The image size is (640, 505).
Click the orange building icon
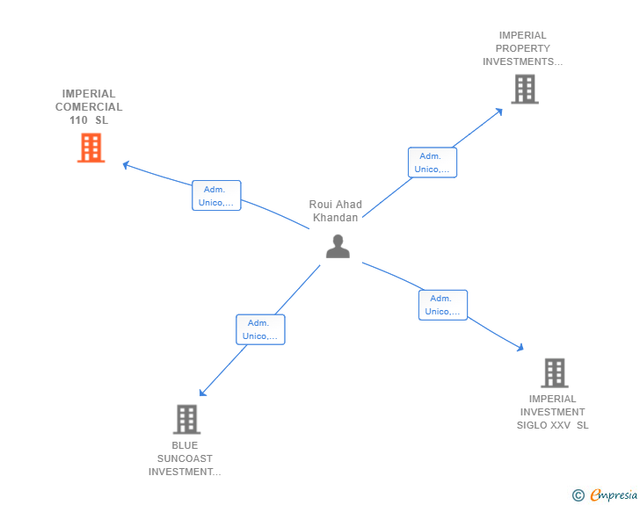[91, 148]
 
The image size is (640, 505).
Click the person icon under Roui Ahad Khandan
[338, 247]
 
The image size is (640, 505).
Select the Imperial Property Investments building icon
[524, 89]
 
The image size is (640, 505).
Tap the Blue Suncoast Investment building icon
[186, 419]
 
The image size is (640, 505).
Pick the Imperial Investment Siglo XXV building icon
[554, 372]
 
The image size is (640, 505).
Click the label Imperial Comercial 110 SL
[89, 107]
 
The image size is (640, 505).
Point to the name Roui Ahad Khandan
[336, 211]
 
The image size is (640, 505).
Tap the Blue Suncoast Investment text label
[185, 458]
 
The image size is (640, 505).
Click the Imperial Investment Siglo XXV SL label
[552, 412]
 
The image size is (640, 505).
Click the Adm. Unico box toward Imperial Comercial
[216, 196]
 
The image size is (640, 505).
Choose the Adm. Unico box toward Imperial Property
[432, 162]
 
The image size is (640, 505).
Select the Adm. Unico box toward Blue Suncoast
[260, 329]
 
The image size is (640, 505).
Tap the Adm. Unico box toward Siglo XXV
[442, 305]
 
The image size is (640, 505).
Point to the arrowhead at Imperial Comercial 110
[126, 163]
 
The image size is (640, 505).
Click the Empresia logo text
[614, 495]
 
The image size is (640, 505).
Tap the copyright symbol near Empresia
[578, 495]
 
